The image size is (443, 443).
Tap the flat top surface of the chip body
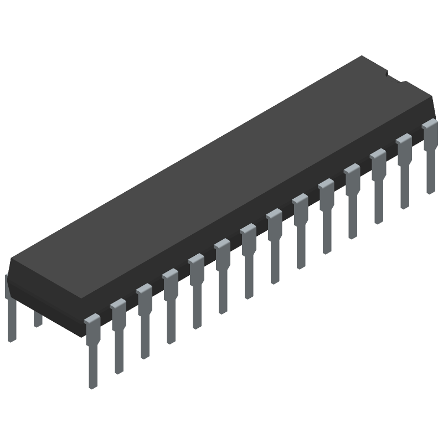point(221,166)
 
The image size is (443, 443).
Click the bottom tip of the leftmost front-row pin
point(93,385)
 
